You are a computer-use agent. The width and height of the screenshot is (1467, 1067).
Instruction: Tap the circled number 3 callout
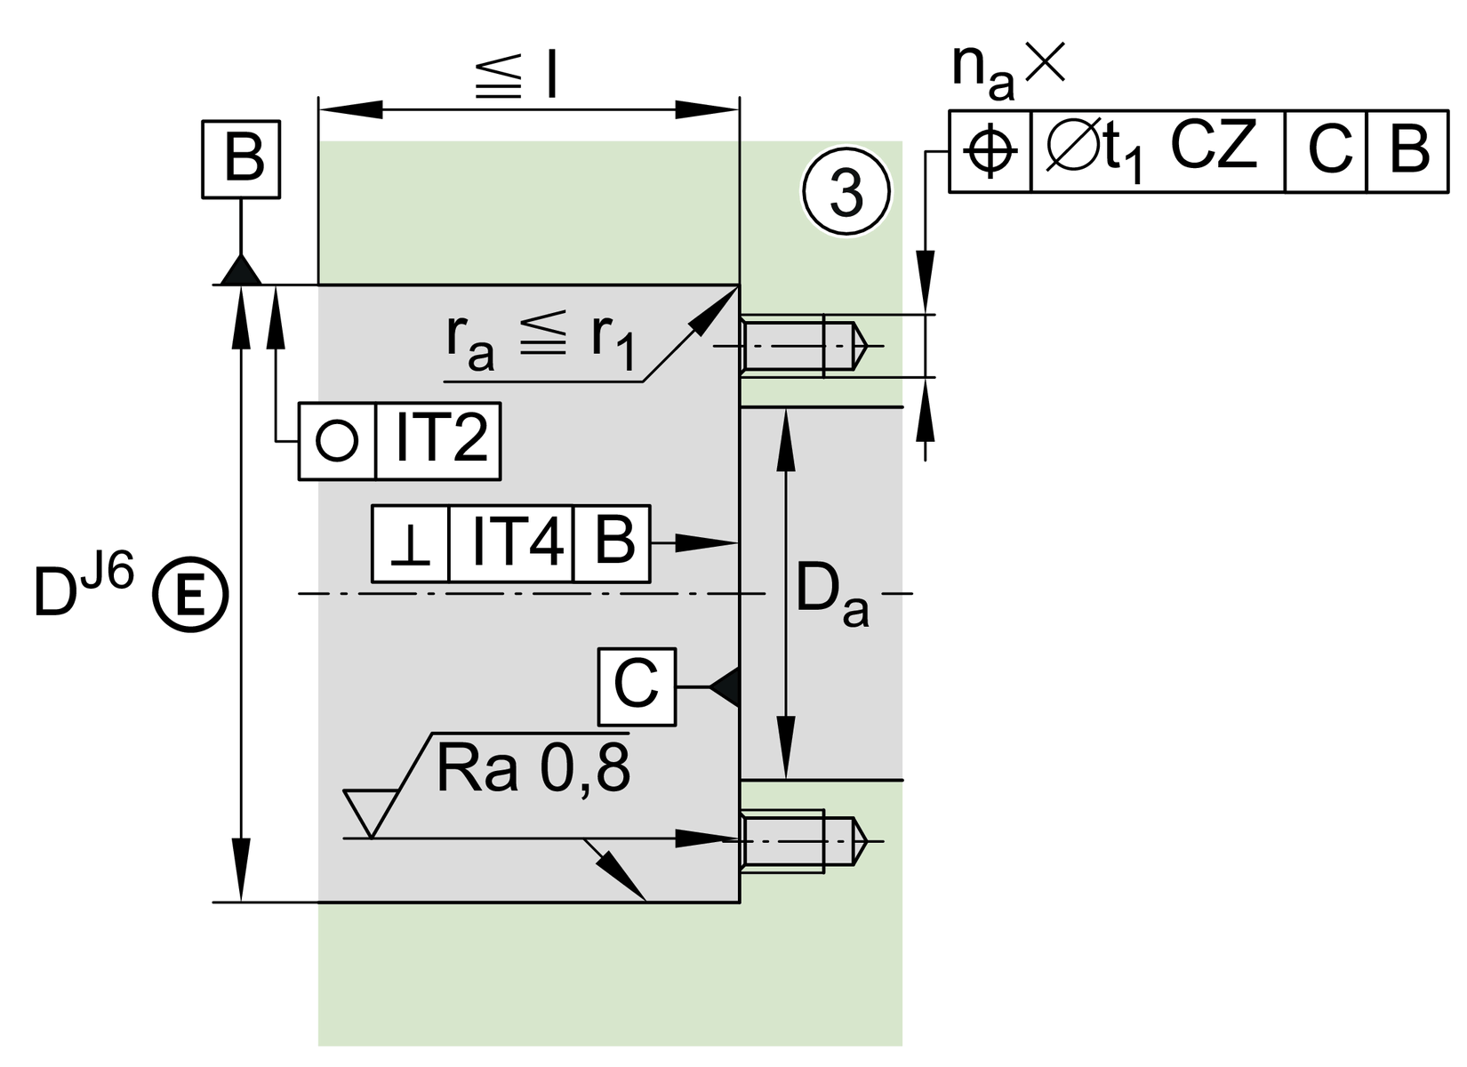(846, 193)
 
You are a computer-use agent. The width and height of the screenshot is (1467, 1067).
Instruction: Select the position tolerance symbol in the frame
(990, 152)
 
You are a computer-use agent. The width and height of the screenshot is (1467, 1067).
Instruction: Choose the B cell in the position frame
(1407, 152)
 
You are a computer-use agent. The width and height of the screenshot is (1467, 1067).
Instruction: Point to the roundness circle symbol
(337, 442)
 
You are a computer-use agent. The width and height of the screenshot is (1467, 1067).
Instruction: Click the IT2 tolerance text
(439, 442)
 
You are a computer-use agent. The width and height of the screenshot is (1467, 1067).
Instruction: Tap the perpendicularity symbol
(411, 544)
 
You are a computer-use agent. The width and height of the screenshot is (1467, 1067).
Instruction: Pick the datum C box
(637, 686)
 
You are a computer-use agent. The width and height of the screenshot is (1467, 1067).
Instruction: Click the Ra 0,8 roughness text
(533, 769)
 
